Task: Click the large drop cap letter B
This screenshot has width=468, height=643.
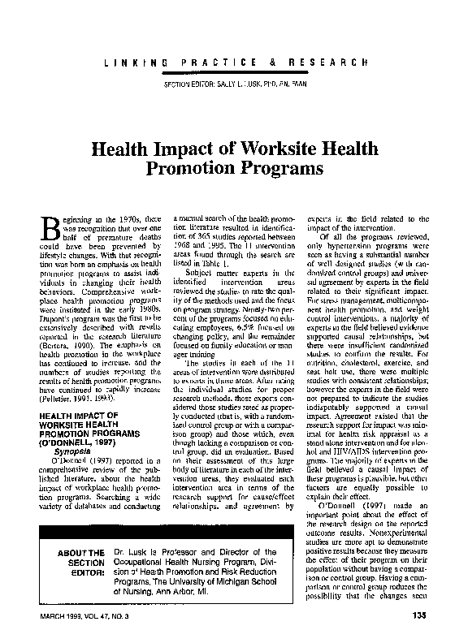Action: coord(49,231)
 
